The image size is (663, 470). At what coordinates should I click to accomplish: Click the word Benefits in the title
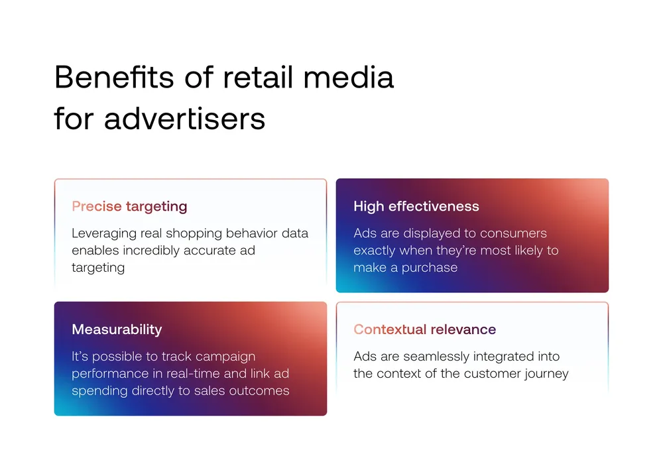[114, 77]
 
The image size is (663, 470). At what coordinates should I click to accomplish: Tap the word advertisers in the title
[185, 118]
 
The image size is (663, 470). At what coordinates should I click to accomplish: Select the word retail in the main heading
[258, 77]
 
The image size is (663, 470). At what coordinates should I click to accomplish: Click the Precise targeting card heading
[129, 206]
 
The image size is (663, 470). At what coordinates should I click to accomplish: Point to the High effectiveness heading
[416, 206]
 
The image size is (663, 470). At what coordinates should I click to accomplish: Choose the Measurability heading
[117, 329]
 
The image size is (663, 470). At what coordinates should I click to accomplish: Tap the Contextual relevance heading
[424, 329]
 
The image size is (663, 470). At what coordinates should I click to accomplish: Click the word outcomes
[259, 391]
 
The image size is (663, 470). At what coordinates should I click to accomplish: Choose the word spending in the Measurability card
[99, 391]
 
